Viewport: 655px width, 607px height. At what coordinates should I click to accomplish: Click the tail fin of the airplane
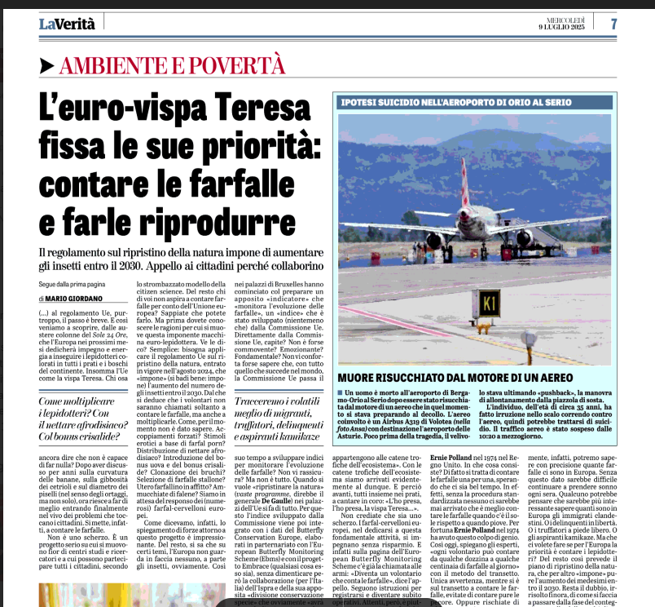pyautogui.click(x=465, y=179)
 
